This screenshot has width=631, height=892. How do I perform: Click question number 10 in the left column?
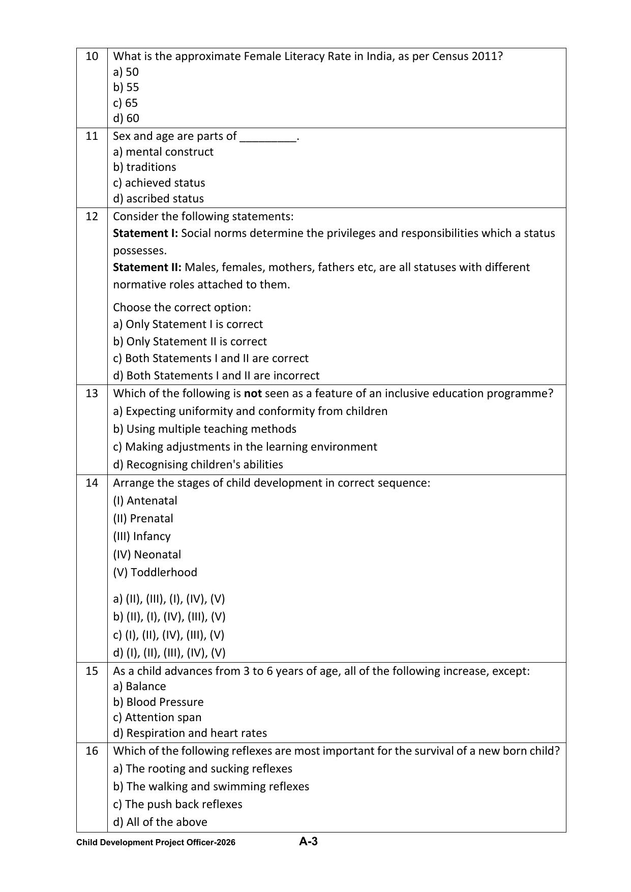pos(92,56)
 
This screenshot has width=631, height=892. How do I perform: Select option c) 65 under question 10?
pos(125,103)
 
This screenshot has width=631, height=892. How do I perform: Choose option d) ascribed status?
pos(158,198)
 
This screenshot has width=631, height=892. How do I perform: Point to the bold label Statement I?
pos(145,233)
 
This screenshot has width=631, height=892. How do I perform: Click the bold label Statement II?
pos(147,267)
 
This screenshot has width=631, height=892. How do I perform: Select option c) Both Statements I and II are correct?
pos(211,359)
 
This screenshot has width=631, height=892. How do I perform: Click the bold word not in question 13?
pos(253,394)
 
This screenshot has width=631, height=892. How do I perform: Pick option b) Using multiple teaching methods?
pos(204,429)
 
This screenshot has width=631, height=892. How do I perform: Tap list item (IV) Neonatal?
pos(147,554)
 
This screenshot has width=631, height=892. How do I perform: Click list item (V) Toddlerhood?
pos(155,572)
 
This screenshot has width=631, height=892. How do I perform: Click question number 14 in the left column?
pos(92,483)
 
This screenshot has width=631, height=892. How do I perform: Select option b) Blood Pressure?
pos(158,702)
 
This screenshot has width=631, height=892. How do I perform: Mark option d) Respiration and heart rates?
pos(190,733)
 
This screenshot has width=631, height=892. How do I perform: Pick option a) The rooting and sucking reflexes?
pos(202,768)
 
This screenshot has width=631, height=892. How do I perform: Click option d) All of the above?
pos(160,822)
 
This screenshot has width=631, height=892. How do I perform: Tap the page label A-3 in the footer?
pos(308,842)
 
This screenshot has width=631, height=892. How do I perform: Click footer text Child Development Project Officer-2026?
pos(156,843)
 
